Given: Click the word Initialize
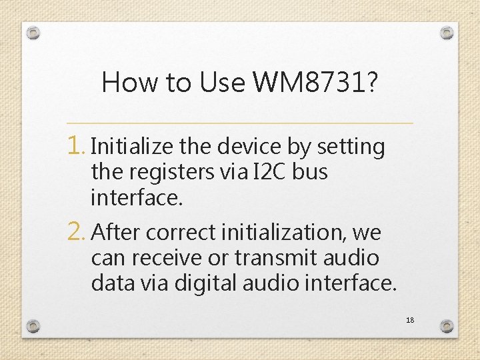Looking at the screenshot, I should pos(131,147).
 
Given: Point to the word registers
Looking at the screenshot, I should pos(171,172).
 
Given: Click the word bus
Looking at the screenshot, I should pos(309,172).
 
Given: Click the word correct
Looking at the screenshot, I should pos(179,233).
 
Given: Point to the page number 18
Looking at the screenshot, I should pos(410,320).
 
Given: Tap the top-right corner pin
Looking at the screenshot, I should pos(447,32).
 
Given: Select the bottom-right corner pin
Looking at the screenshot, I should pos(447,326).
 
